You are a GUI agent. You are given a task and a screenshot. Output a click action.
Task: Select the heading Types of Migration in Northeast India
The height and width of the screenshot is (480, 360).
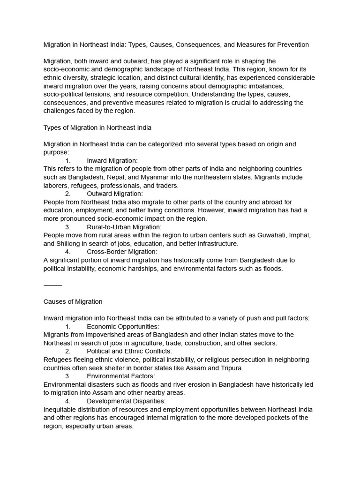pyautogui.click(x=97, y=127)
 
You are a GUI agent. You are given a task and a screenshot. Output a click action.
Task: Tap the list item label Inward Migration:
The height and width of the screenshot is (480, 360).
pyautogui.click(x=112, y=160)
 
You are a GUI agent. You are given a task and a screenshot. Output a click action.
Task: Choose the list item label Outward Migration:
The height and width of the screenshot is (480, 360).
pyautogui.click(x=115, y=193)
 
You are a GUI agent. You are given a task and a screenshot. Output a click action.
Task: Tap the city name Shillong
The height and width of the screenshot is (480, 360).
pyautogui.click(x=69, y=244)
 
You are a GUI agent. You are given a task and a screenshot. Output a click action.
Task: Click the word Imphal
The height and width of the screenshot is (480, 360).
pyautogui.click(x=300, y=235)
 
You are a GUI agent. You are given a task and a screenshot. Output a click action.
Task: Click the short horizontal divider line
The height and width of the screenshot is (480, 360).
pyautogui.click(x=52, y=285)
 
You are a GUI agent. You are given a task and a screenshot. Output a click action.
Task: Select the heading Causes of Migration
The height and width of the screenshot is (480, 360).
pyautogui.click(x=73, y=301)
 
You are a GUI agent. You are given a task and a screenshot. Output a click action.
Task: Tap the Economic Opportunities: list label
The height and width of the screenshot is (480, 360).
pyautogui.click(x=123, y=326)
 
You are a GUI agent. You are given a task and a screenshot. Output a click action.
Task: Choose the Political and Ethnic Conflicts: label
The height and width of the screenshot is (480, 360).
pyautogui.click(x=129, y=351)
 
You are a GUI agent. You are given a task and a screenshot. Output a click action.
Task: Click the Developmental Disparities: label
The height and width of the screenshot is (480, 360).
pyautogui.click(x=126, y=401)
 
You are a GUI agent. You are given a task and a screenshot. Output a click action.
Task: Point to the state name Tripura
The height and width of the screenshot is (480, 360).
pyautogui.click(x=231, y=368)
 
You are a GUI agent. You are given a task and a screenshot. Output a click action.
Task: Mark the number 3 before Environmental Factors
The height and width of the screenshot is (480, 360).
pyautogui.click(x=67, y=376)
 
